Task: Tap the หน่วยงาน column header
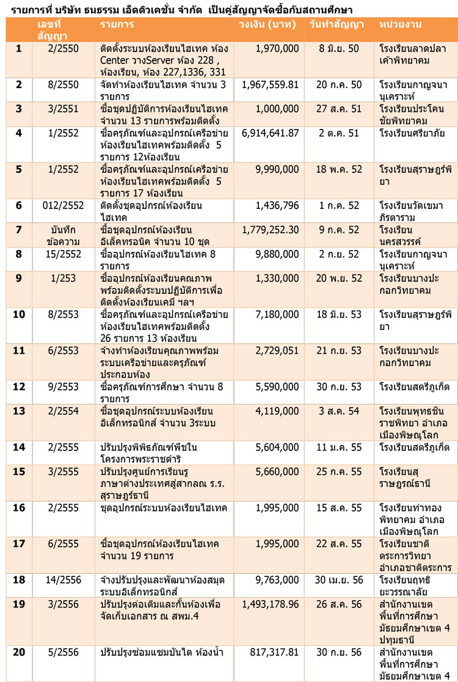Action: [401, 24]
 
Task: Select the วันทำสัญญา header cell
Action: [337, 24]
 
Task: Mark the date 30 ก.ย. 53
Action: [337, 386]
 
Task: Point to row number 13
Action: [18, 411]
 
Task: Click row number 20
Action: [18, 652]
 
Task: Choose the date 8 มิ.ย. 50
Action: [337, 48]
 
